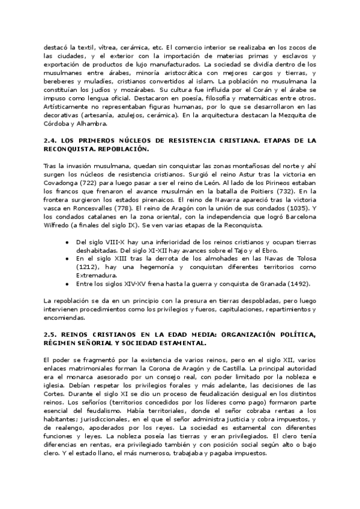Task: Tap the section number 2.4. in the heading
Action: click(51, 140)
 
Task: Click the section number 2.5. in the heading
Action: click(51, 333)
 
